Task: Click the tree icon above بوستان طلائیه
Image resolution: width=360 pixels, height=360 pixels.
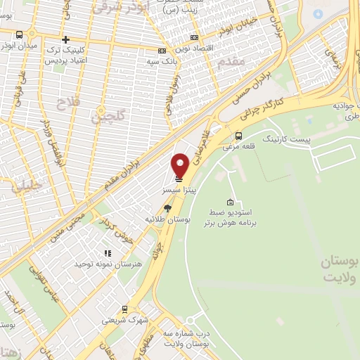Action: [167, 207]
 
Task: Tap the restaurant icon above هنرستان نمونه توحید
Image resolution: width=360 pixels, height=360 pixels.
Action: [108, 253]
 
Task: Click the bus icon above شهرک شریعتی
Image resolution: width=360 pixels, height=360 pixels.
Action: [124, 309]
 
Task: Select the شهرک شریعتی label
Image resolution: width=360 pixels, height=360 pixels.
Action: [124, 319]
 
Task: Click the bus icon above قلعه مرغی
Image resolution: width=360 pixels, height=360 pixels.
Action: [239, 136]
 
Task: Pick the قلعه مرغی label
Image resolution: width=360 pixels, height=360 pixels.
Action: [239, 147]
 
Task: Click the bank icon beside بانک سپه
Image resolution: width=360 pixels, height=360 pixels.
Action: [162, 51]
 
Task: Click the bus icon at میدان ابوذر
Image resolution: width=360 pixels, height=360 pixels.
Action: [19, 34]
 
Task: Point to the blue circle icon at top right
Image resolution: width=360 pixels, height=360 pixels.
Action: [318, 14]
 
